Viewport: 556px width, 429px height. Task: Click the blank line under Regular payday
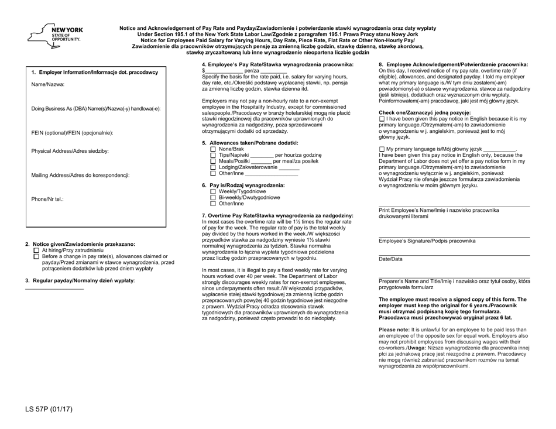coord(54,289)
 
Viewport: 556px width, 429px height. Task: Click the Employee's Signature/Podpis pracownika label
coord(427,241)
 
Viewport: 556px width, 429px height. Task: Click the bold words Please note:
coord(398,330)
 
